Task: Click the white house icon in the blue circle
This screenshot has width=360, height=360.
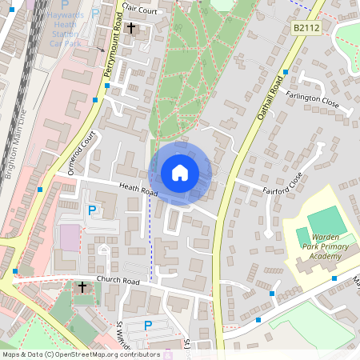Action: coord(180,172)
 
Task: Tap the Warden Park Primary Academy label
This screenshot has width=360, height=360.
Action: coord(325,247)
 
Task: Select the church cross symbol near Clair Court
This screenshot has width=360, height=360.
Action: coord(131,28)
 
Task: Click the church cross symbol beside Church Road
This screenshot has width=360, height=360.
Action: coord(82,286)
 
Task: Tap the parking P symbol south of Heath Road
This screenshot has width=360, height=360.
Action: coord(92,210)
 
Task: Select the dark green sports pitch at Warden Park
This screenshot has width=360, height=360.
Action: coord(322,221)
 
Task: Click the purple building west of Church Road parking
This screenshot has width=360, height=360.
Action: coord(70,237)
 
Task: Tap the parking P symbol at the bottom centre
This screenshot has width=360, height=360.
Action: coord(148,325)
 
